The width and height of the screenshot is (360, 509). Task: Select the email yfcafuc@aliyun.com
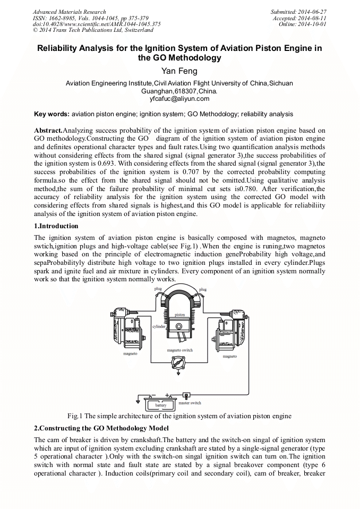click(179, 98)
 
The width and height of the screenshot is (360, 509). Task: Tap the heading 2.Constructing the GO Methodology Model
click(101, 428)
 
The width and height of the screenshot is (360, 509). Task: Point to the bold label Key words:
click(52, 114)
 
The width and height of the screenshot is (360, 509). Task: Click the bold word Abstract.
click(48, 131)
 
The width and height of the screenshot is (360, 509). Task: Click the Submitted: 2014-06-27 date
click(299, 12)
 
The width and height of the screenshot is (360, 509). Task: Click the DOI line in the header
click(97, 24)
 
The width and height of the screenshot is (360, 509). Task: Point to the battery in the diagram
click(160, 404)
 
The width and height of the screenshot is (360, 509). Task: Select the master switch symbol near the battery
click(186, 395)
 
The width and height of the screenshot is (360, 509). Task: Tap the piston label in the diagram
click(180, 315)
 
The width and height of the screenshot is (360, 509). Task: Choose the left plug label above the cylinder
click(158, 288)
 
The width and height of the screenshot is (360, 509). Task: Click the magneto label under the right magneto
click(230, 356)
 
